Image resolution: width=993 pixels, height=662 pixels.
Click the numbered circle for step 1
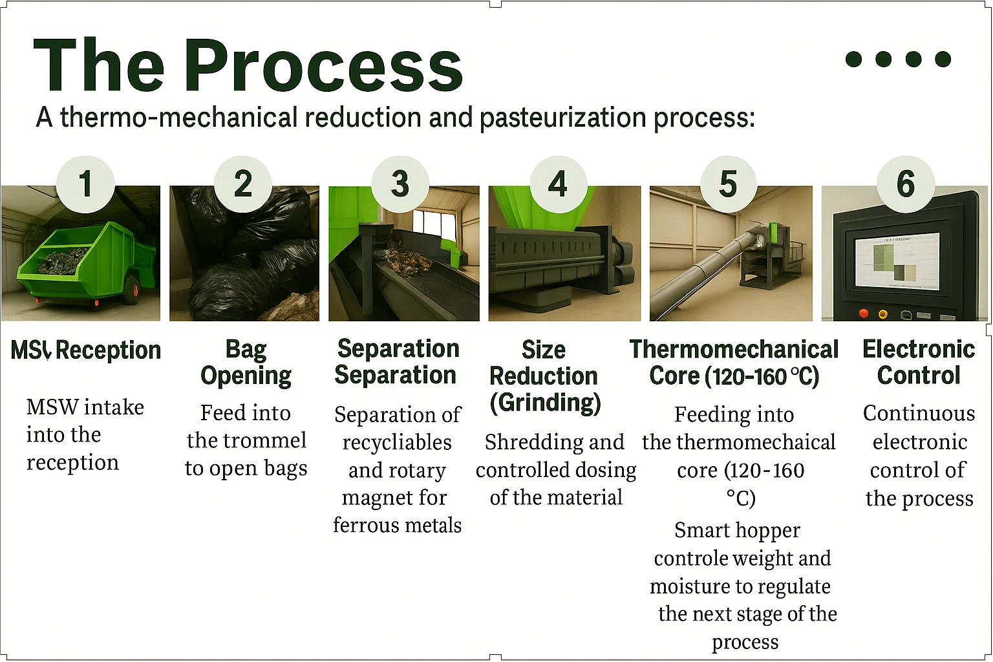[85, 184]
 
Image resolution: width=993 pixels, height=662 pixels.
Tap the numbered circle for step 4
[558, 184]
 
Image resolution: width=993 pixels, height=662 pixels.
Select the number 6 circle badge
[906, 184]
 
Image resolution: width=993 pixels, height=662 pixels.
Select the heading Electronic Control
[919, 362]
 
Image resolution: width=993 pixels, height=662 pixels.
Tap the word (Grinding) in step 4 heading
[545, 403]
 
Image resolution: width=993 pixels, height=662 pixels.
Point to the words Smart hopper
[737, 530]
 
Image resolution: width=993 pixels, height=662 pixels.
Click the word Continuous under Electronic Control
[919, 413]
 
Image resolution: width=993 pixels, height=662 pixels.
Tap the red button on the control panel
[862, 314]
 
